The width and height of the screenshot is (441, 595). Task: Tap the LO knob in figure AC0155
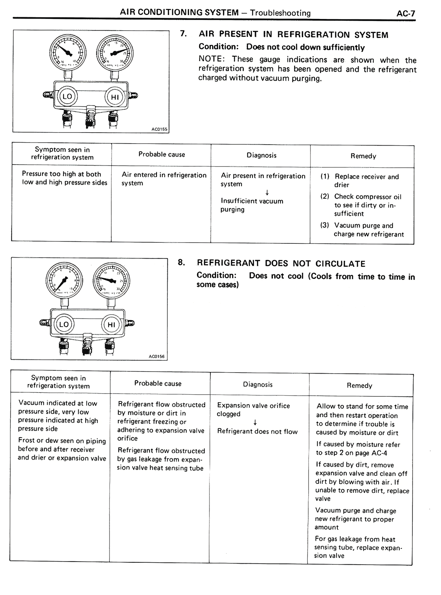pyautogui.click(x=67, y=96)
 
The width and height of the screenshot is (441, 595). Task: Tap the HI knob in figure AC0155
pyautogui.click(x=114, y=97)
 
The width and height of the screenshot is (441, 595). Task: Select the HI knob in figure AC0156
pyautogui.click(x=111, y=325)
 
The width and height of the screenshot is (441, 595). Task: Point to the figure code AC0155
pyautogui.click(x=159, y=129)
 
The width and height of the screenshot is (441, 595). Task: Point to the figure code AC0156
pyautogui.click(x=156, y=356)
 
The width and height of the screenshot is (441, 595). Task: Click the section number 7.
pyautogui.click(x=184, y=34)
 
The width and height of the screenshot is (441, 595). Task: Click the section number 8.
pyautogui.click(x=182, y=262)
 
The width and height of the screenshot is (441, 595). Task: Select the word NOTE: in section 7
pyautogui.click(x=212, y=59)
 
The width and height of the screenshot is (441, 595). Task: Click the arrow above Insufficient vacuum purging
pyautogui.click(x=267, y=192)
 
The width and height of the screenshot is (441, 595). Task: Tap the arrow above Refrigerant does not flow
pyautogui.click(x=255, y=422)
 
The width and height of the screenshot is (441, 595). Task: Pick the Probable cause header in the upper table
pyautogui.click(x=162, y=155)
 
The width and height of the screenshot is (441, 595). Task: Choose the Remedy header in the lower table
pyautogui.click(x=359, y=386)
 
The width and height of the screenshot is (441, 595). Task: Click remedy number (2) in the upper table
pyautogui.click(x=325, y=197)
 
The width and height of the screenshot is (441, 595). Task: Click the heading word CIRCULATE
pyautogui.click(x=340, y=264)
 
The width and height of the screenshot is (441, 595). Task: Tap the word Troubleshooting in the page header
pyautogui.click(x=280, y=13)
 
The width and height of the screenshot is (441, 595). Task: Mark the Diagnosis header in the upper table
pyautogui.click(x=261, y=155)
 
